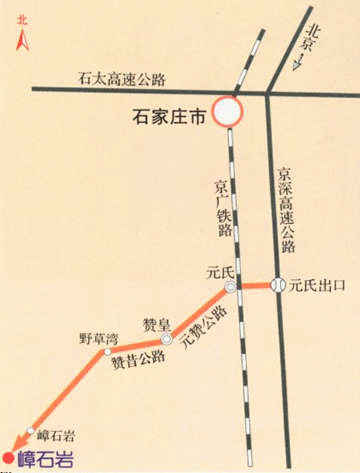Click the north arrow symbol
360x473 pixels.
coord(19,41)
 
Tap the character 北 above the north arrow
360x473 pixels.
coord(19,17)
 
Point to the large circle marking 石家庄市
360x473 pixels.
coord(227,111)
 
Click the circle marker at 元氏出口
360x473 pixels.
coord(279,285)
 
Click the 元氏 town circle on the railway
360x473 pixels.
coord(231,288)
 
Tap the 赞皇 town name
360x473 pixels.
coord(155,322)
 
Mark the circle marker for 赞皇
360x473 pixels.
coord(167,341)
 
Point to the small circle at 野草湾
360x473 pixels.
coord(104,352)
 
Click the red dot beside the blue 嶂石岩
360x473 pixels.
coord(9,459)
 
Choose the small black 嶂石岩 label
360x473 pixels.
coord(57,435)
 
